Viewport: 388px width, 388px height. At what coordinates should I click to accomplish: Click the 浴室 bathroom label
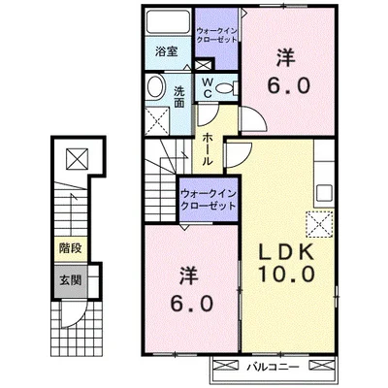(167, 51)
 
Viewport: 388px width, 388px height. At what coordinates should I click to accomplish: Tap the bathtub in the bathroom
(168, 21)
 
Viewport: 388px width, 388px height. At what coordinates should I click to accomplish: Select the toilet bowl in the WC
(225, 87)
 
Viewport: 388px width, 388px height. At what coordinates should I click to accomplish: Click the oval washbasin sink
(155, 86)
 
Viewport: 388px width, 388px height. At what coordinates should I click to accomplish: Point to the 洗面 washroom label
(179, 97)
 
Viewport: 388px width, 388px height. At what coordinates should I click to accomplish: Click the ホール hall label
(208, 149)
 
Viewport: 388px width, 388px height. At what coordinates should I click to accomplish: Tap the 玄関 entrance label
(70, 280)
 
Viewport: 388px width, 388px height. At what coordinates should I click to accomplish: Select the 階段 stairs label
(70, 248)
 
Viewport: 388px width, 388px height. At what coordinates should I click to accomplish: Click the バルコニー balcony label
(274, 367)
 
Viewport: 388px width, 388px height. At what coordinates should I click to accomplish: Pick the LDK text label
(286, 252)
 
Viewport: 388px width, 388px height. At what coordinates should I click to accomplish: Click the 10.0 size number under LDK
(286, 275)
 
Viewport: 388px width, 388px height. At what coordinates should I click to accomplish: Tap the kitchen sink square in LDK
(324, 193)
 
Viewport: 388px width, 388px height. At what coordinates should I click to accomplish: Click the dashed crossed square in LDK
(319, 224)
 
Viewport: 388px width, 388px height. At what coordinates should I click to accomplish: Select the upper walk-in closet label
(217, 35)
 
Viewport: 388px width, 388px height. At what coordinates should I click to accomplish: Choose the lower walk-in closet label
(209, 200)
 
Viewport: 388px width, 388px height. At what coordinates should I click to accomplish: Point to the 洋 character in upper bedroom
(286, 58)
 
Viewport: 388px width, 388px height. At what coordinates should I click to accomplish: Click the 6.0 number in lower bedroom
(192, 304)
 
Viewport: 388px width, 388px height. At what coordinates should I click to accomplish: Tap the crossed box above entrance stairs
(78, 159)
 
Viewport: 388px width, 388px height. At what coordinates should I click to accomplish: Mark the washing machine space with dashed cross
(157, 121)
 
